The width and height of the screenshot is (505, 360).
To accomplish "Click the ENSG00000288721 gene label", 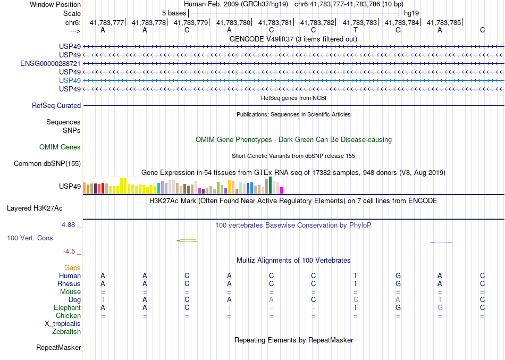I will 50,63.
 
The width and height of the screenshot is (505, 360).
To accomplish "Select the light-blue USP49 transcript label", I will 70,80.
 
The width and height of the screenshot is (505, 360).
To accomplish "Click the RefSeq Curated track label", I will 56,106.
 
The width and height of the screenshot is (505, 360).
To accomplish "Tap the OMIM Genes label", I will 60,147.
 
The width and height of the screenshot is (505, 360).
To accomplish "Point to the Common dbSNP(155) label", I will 47,164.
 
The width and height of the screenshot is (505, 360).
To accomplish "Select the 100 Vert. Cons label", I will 30,238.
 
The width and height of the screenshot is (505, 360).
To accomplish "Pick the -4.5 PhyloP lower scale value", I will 70,252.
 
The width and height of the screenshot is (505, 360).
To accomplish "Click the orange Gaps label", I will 72,268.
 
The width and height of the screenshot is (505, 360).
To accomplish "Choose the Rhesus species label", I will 69,284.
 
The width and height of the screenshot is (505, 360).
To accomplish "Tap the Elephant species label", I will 68,308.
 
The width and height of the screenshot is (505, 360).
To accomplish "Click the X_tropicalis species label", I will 63,324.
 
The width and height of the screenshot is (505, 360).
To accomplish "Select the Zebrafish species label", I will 66,332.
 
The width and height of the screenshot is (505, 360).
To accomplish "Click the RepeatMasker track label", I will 58,348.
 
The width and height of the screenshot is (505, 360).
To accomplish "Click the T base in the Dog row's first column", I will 103,300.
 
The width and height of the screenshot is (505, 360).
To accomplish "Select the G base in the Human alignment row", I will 398,276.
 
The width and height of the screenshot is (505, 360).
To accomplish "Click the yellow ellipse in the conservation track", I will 187,241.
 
